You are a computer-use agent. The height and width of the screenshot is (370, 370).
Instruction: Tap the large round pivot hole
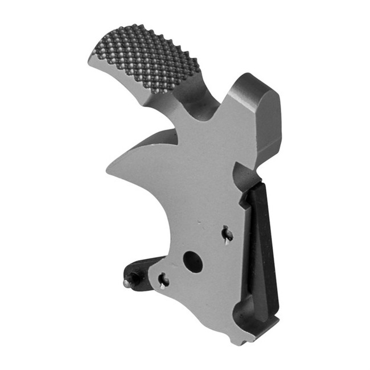[193, 262]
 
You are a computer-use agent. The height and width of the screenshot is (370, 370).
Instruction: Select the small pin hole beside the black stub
[163, 279]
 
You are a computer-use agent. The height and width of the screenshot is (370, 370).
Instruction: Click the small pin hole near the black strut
[227, 233]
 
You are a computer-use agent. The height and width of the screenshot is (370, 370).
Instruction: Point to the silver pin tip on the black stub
[127, 281]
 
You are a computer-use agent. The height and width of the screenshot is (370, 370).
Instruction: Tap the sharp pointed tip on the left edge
[108, 168]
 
